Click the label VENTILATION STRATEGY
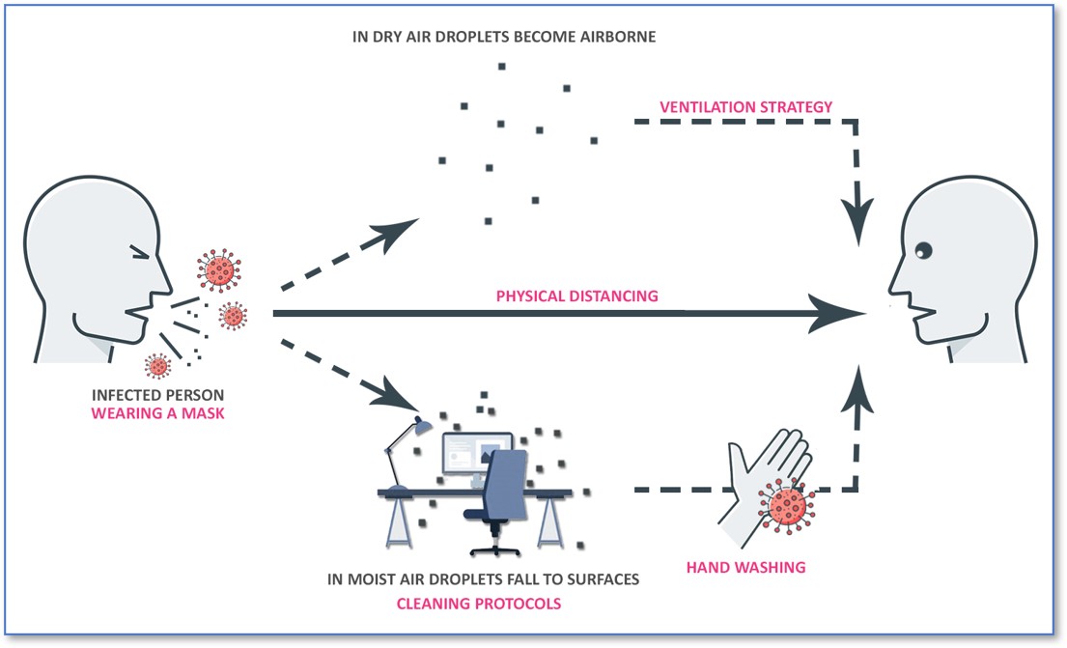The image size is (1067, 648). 745,107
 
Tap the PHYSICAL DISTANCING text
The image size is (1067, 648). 577,296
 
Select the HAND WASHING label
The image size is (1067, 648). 745,567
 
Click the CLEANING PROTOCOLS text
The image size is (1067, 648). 479,604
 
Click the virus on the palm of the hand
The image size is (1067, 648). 788,505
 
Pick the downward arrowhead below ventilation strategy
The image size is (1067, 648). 856,222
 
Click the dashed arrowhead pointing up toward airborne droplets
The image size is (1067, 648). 398,232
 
